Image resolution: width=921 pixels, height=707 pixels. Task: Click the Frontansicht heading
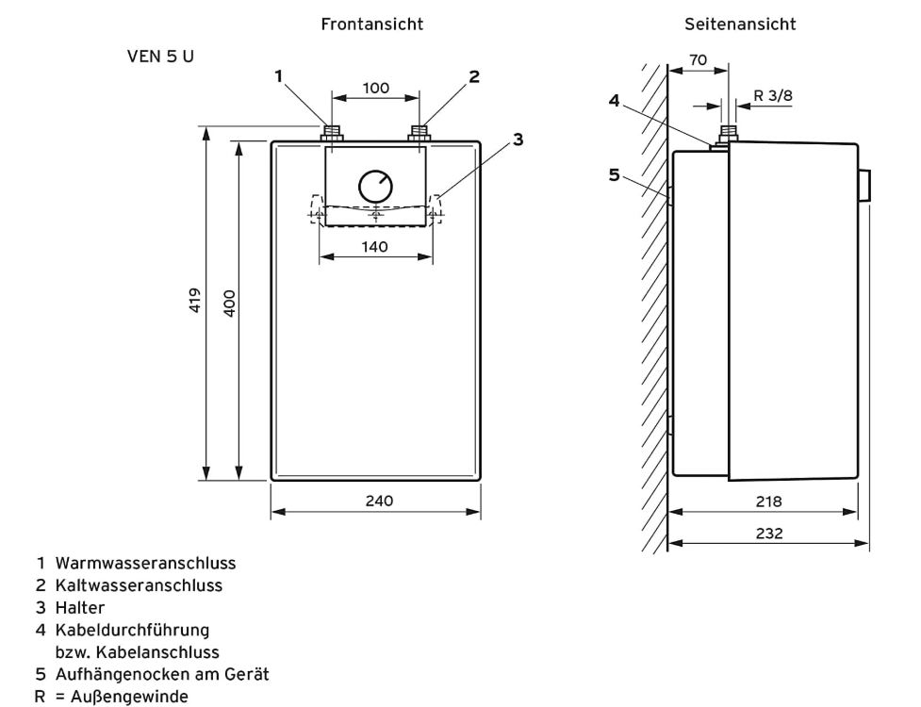click(x=371, y=25)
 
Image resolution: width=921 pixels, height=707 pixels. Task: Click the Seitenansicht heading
click(x=740, y=25)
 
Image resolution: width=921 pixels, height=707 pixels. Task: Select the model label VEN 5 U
click(x=160, y=57)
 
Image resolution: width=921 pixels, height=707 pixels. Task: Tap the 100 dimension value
click(x=376, y=88)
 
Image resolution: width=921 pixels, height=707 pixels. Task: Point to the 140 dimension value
click(x=375, y=247)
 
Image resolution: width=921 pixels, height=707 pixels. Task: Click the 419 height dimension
click(x=195, y=300)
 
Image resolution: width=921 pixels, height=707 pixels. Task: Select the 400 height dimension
click(x=230, y=304)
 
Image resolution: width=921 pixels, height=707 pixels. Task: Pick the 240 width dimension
click(x=380, y=501)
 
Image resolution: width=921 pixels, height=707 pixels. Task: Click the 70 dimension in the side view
click(x=698, y=60)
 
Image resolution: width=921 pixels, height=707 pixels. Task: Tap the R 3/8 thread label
click(x=773, y=95)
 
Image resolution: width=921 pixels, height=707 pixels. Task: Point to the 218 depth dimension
click(x=769, y=501)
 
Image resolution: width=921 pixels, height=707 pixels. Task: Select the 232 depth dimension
click(x=769, y=534)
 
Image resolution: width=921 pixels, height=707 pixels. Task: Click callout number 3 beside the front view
click(x=518, y=140)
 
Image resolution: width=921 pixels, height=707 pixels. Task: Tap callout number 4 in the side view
click(x=614, y=101)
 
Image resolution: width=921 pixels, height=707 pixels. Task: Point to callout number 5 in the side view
click(x=614, y=175)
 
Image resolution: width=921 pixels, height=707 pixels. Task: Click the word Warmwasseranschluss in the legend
click(x=146, y=563)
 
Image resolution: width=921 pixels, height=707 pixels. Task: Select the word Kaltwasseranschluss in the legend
click(x=140, y=585)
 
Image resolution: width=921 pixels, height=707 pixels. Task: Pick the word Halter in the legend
click(x=80, y=608)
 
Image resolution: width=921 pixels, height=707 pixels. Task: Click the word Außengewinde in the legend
click(x=130, y=697)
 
